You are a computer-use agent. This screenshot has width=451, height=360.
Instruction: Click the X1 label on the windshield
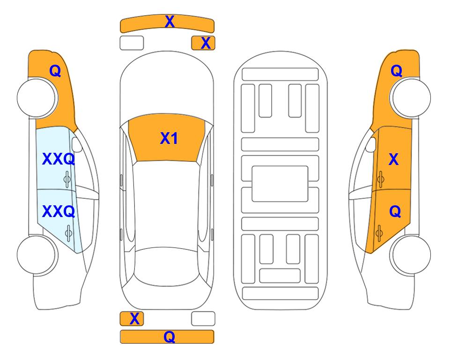tap(169, 138)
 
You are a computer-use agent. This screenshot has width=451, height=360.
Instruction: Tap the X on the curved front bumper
tap(170, 22)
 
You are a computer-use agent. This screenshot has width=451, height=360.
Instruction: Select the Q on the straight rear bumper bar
tap(169, 337)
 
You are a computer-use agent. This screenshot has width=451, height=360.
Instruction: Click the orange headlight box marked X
tap(203, 43)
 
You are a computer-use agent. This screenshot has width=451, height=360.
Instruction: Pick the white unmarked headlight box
tap(132, 43)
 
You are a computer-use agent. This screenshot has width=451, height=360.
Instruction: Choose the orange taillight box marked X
tap(132, 319)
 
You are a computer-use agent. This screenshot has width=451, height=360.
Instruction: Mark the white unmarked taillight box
tap(203, 319)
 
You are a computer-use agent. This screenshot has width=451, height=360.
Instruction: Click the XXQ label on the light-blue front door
tap(59, 159)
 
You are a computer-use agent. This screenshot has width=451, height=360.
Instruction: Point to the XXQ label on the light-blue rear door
tap(59, 211)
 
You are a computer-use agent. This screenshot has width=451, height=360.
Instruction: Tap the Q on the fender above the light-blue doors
tap(55, 71)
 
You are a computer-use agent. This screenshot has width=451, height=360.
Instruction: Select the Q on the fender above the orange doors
tap(396, 71)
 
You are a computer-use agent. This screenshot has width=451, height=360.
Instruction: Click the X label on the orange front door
tap(393, 159)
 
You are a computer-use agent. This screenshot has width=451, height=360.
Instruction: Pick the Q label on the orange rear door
tap(395, 212)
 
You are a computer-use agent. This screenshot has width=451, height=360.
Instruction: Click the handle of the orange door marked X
tap(380, 179)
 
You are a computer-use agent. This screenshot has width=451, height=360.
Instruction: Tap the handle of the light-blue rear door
tap(68, 233)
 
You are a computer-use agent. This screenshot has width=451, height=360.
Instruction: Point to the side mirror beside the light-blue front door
tap(77, 145)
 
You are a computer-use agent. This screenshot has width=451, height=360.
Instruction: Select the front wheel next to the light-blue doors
tap(37, 97)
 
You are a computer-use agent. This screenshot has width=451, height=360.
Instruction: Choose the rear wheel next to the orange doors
tap(410, 255)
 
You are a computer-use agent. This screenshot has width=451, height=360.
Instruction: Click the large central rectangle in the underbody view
tap(280, 184)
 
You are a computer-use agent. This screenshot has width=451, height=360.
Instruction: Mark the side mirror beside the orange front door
tap(371, 145)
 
